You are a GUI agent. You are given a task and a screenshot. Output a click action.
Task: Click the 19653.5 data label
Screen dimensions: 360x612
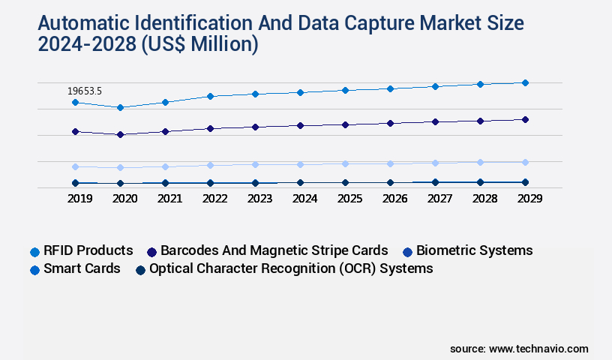pos(85,91)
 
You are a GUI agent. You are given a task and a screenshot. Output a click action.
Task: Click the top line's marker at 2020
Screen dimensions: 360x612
pos(120,107)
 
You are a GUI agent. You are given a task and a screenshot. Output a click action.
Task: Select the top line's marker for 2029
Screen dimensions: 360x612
pos(525,82)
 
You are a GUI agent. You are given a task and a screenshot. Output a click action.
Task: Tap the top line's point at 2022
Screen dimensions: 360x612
pos(210,96)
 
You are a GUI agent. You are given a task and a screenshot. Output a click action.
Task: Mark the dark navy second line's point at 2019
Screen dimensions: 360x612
pos(75,131)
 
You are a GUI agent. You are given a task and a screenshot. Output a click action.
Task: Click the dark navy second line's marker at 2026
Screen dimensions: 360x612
pos(390,123)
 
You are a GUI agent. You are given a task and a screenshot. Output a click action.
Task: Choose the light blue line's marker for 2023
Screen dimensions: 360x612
pos(255,164)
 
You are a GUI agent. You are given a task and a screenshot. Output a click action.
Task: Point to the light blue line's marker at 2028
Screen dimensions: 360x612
pos(480,162)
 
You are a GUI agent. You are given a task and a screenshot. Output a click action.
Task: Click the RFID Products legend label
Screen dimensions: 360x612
pos(88,250)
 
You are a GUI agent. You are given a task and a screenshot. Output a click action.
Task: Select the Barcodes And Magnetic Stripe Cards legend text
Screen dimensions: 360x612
pos(274,250)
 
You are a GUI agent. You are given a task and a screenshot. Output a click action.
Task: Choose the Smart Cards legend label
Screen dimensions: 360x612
pos(82,268)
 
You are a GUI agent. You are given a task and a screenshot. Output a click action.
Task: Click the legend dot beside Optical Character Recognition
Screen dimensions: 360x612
pos(140,269)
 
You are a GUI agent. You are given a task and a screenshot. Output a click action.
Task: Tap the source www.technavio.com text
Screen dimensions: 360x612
pos(519,349)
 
